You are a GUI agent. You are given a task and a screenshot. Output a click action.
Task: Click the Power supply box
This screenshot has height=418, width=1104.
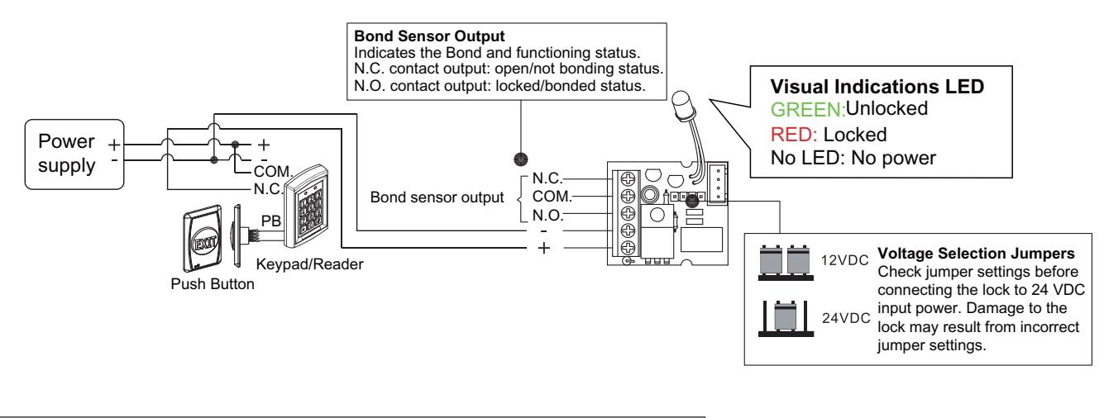(74, 154)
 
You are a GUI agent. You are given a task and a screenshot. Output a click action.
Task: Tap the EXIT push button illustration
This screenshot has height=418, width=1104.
(203, 239)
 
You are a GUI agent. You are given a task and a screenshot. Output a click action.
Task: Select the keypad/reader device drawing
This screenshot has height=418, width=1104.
(306, 207)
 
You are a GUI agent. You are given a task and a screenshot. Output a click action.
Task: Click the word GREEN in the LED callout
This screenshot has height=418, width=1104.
(808, 109)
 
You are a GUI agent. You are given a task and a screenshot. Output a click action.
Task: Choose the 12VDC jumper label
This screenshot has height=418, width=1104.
(845, 260)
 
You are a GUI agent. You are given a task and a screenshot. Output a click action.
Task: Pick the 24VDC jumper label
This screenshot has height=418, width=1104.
(846, 319)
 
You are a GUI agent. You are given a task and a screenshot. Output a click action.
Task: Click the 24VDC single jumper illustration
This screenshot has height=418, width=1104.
(786, 318)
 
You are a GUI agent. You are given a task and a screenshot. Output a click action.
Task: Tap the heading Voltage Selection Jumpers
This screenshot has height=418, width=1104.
(976, 253)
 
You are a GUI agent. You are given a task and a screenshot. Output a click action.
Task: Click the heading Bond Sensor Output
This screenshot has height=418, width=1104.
(429, 36)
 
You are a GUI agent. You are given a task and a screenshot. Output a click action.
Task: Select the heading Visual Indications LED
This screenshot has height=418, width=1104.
(877, 87)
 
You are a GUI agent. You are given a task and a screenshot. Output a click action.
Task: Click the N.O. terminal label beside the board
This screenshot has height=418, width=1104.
(547, 215)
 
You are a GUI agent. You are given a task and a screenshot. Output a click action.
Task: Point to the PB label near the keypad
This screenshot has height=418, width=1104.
(270, 221)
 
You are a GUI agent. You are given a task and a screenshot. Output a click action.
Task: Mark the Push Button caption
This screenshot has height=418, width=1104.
(213, 284)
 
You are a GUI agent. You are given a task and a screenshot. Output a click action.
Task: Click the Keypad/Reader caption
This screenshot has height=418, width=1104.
(309, 264)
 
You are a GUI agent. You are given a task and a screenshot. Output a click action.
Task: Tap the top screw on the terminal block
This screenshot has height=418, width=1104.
(628, 178)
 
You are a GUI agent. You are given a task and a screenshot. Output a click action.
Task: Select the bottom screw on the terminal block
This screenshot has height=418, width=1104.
(628, 247)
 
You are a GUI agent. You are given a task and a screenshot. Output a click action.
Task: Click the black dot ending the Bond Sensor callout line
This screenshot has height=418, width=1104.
(521, 159)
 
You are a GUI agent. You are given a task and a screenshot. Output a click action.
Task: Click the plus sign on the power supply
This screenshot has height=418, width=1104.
(114, 145)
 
